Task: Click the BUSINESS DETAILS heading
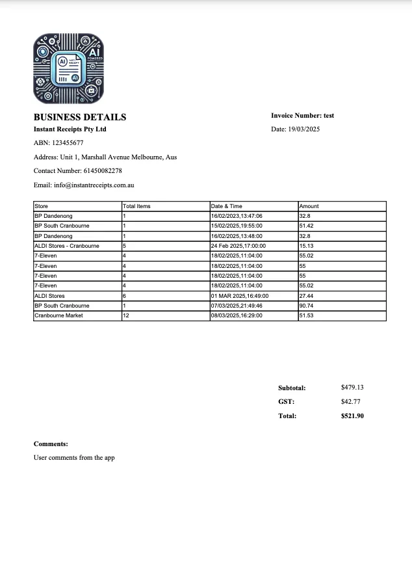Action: (x=80, y=117)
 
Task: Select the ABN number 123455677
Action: (x=68, y=143)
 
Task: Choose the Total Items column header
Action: (x=136, y=206)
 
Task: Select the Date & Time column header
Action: (x=226, y=206)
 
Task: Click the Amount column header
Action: (x=309, y=206)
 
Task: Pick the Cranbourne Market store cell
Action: (x=58, y=315)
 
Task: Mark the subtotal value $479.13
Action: (x=352, y=388)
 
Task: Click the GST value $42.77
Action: (x=350, y=402)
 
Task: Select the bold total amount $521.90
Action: (x=352, y=416)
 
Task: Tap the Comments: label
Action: (x=51, y=444)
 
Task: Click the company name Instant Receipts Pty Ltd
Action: (x=70, y=129)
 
